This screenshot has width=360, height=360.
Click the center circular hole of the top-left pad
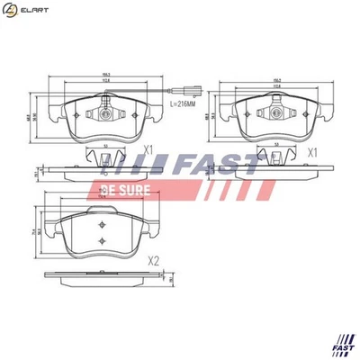pos(105,114)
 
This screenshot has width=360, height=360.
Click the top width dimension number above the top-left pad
pos(106,75)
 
